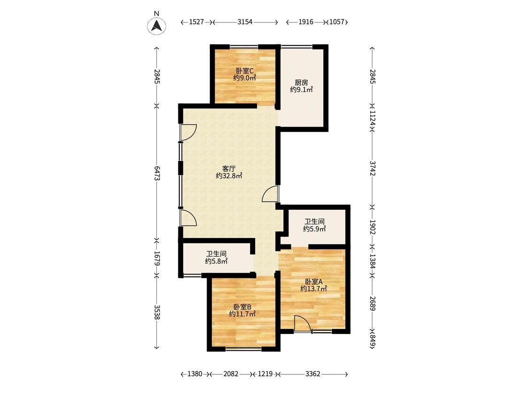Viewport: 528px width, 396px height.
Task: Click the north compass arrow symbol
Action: [x=157, y=26]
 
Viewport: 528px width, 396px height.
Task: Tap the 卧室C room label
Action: [x=245, y=71]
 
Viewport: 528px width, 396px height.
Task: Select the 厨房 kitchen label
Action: [x=301, y=83]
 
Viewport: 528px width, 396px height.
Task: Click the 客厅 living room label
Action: [x=229, y=168]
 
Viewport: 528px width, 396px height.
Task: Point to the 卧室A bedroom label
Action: [x=314, y=282]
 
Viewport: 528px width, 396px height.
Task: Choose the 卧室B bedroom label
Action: [x=243, y=307]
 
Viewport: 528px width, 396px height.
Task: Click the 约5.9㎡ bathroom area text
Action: [x=314, y=229]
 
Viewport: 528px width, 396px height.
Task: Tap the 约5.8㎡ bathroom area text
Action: [x=216, y=261]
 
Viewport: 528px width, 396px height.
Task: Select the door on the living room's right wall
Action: [x=271, y=194]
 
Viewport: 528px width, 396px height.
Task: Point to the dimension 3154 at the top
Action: [x=245, y=22]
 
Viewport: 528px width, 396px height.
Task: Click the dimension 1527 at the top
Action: [x=196, y=22]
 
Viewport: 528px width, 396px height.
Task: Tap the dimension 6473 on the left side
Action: [x=157, y=173]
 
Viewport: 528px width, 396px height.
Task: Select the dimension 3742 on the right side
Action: [x=373, y=168]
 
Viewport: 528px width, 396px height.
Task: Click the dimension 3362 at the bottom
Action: [x=313, y=374]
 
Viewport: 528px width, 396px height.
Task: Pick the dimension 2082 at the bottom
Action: [x=231, y=374]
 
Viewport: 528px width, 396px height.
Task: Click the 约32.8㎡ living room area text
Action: [x=229, y=176]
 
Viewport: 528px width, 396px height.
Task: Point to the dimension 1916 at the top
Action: [x=306, y=22]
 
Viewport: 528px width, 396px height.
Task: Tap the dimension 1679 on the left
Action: [x=157, y=258]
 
